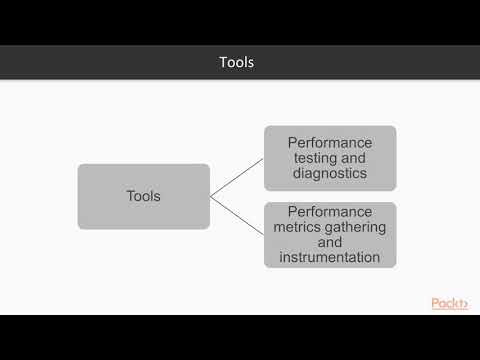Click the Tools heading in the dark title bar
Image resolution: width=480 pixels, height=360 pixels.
pyautogui.click(x=237, y=62)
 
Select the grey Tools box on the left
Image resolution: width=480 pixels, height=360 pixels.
pyautogui.click(x=144, y=196)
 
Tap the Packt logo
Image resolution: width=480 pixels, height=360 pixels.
pyautogui.click(x=450, y=302)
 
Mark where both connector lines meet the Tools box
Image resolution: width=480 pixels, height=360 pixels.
pyautogui.click(x=211, y=196)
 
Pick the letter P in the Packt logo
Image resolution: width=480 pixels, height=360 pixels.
pyautogui.click(x=436, y=302)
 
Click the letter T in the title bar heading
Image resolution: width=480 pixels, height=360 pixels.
pyautogui.click(x=223, y=62)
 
